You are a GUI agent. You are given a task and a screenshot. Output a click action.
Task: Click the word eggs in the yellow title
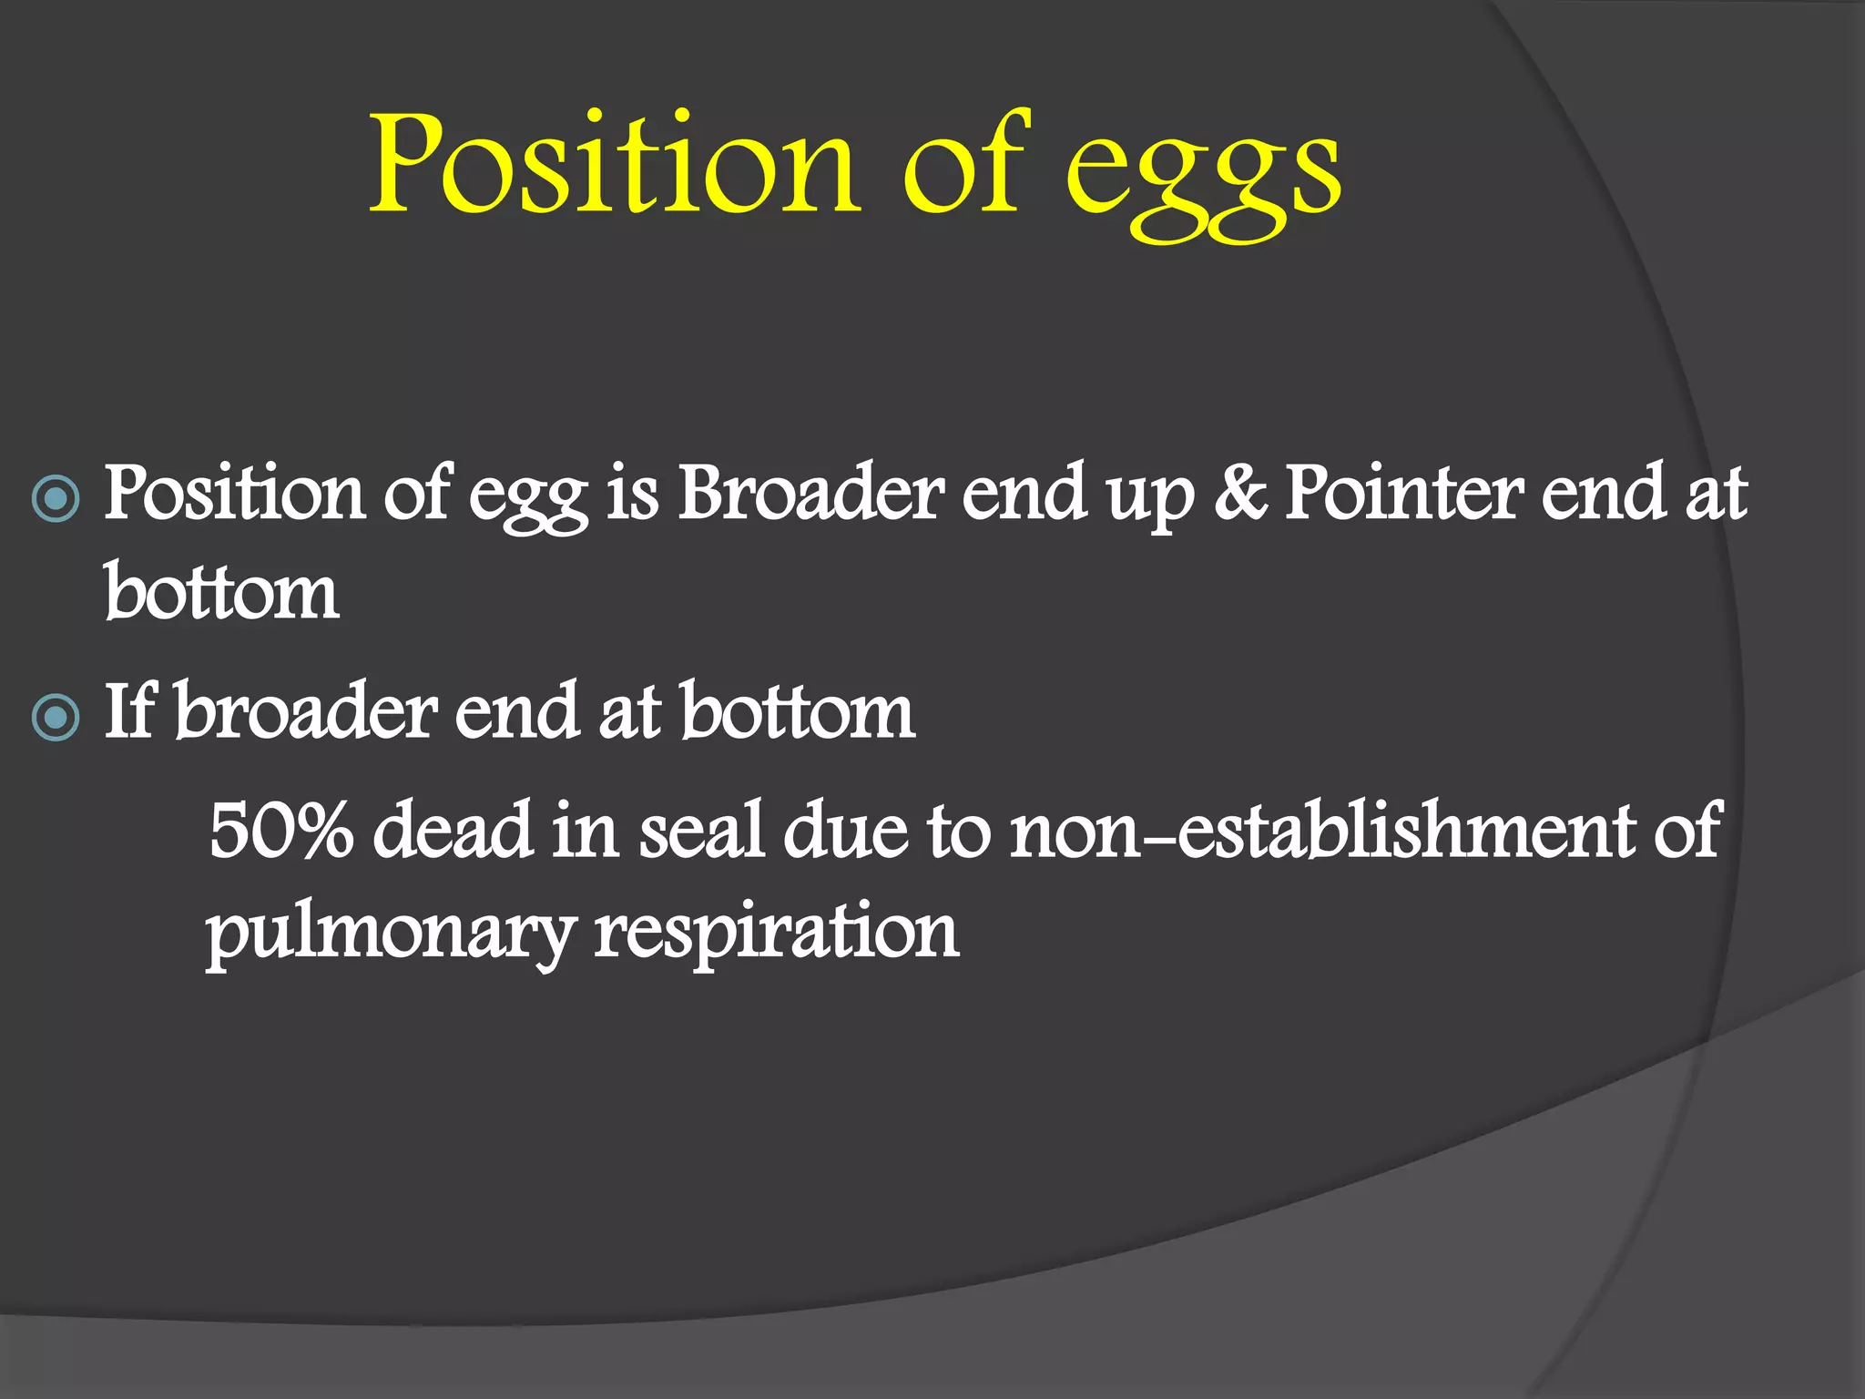(x=1202, y=173)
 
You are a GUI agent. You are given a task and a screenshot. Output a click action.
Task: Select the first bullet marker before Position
(x=56, y=498)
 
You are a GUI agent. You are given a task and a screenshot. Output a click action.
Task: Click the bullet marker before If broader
(x=56, y=718)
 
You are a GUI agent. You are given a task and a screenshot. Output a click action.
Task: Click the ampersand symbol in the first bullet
(x=1238, y=495)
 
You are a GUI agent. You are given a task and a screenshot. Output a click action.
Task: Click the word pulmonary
(x=390, y=934)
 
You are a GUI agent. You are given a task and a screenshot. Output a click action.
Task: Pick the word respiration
(x=776, y=934)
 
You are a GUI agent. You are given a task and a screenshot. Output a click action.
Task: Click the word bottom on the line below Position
(x=221, y=594)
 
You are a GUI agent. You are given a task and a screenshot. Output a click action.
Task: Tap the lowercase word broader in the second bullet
(x=306, y=712)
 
